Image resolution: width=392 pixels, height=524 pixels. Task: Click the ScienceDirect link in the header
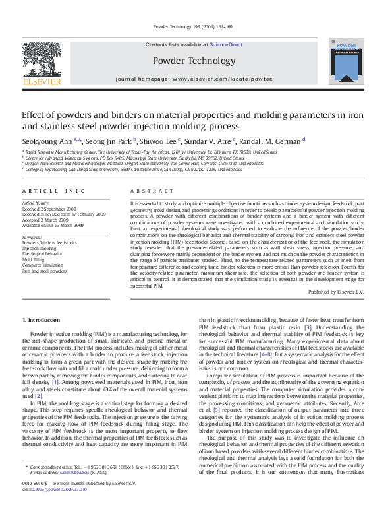226,44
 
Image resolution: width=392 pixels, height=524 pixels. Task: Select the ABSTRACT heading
150,191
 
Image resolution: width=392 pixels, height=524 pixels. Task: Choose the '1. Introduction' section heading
41,319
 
